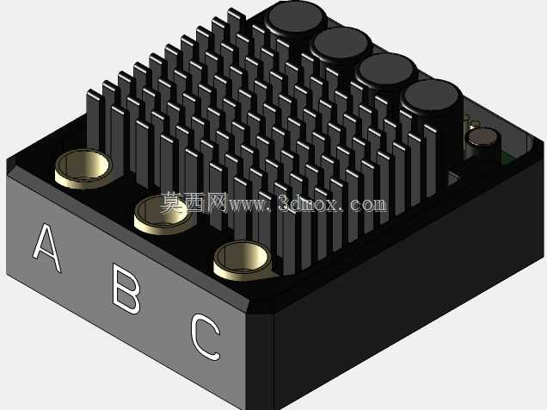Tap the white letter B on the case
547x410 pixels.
(x=126, y=289)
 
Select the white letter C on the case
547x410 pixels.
(x=205, y=337)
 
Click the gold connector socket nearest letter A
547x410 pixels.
(x=83, y=169)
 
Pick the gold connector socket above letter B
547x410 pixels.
(x=163, y=214)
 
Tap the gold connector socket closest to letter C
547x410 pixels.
(x=242, y=261)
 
